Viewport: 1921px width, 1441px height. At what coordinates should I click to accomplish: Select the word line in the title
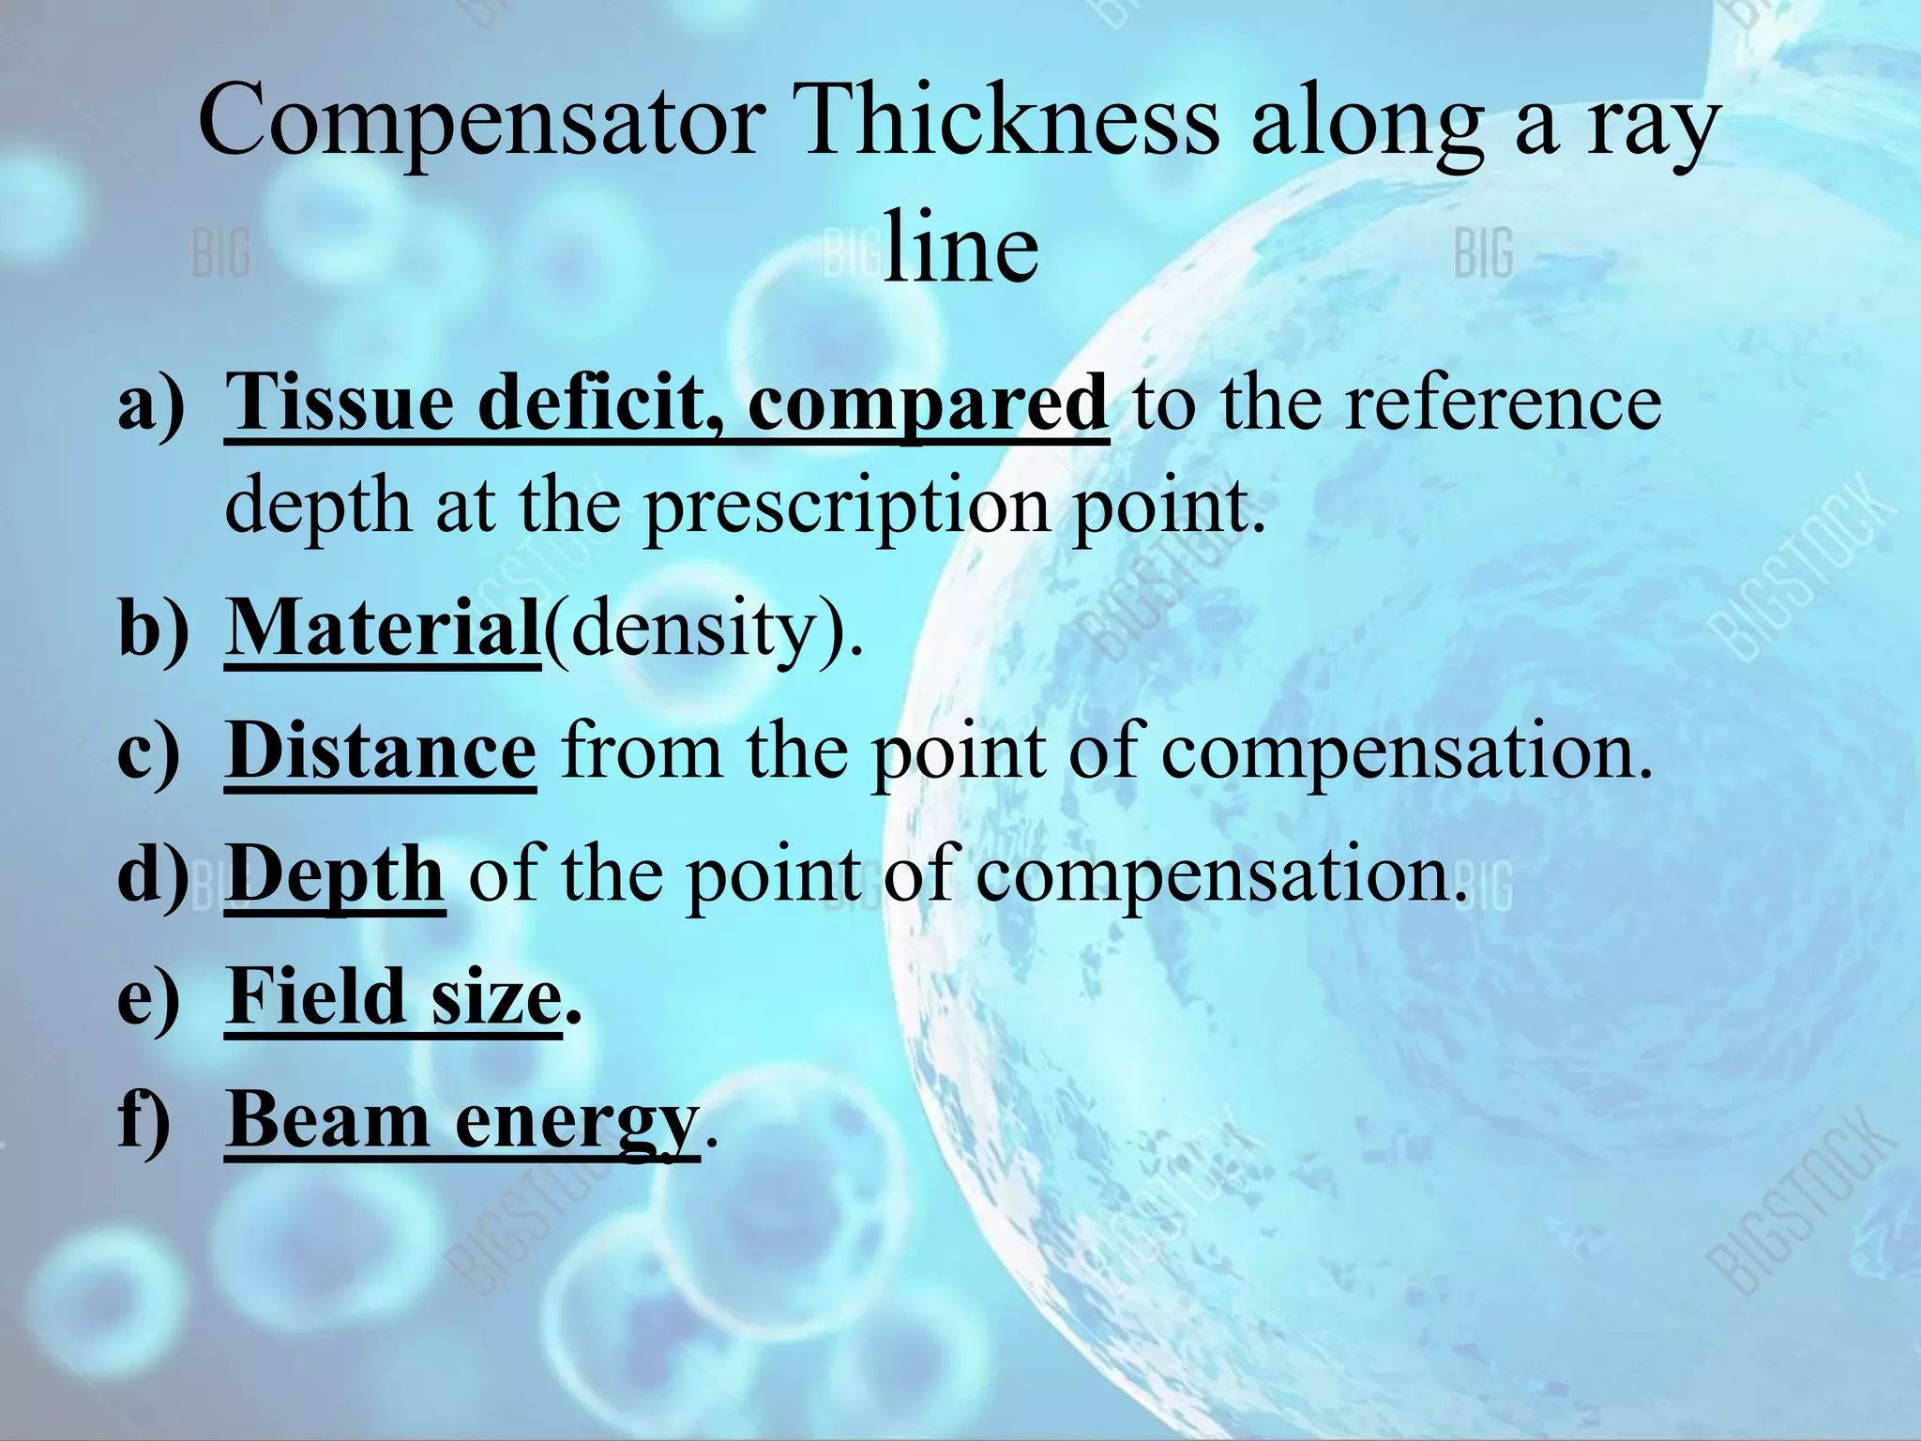(960, 248)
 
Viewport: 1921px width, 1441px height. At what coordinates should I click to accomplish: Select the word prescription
(846, 507)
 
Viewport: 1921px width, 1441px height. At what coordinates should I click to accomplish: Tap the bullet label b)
(153, 628)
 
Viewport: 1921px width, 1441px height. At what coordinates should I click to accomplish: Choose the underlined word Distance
(381, 751)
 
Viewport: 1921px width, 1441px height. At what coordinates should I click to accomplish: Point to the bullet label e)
(148, 997)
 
